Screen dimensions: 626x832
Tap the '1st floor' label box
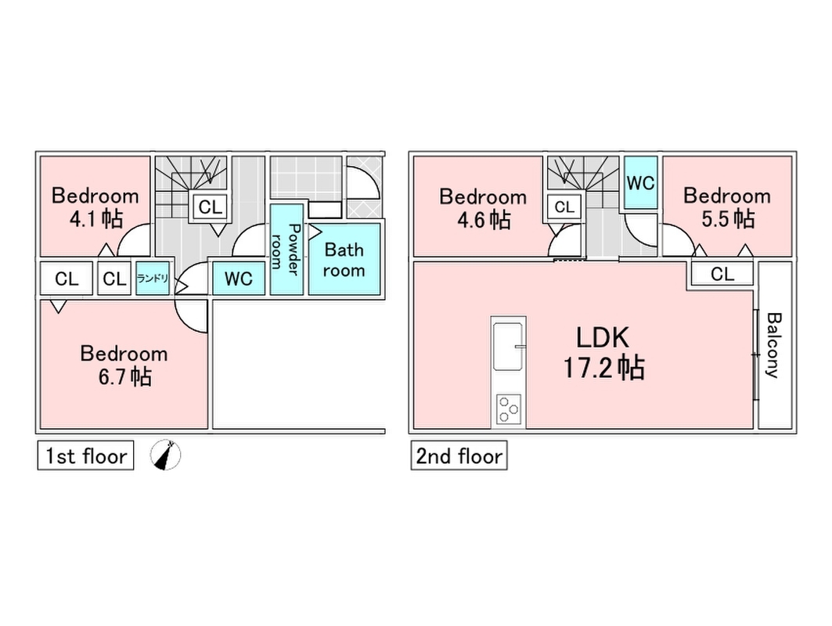tap(85, 456)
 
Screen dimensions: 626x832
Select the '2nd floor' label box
tap(459, 456)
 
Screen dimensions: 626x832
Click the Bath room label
tap(344, 260)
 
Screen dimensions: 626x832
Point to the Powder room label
tap(286, 246)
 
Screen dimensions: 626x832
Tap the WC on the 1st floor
tap(239, 279)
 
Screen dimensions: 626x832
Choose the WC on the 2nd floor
tap(640, 183)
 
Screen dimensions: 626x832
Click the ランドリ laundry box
tap(153, 278)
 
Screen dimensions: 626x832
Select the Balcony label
tap(773, 345)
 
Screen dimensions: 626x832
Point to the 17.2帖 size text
tap(603, 366)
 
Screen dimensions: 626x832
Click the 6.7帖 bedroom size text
tap(124, 376)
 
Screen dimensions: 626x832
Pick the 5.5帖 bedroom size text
tap(727, 218)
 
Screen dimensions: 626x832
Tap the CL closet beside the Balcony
tap(722, 274)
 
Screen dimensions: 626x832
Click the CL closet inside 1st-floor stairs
tap(209, 207)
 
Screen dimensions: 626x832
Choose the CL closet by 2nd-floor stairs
tap(564, 207)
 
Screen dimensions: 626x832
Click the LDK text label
tap(603, 338)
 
